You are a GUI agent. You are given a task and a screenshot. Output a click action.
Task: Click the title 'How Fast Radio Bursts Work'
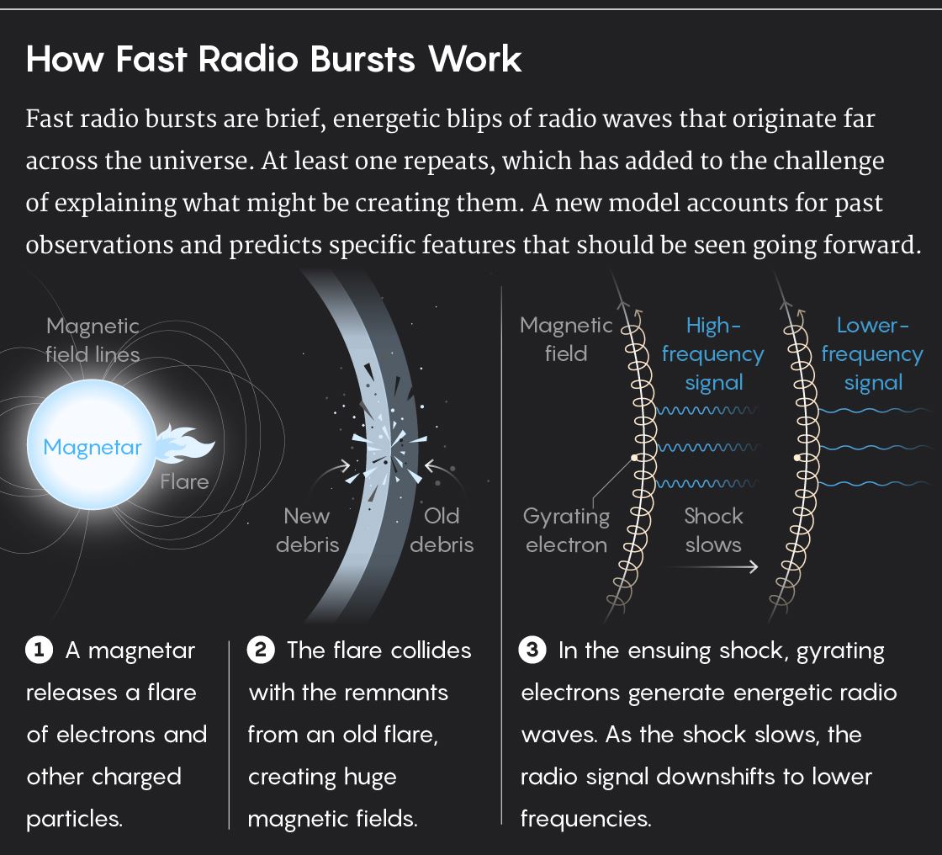[x=274, y=61]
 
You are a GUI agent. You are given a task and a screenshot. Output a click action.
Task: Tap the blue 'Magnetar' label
[x=93, y=447]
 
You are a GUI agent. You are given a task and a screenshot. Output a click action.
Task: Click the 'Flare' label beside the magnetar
[x=184, y=482]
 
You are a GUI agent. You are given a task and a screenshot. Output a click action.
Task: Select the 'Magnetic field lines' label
[x=93, y=340]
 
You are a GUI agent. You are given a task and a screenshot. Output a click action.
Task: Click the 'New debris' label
[x=307, y=530]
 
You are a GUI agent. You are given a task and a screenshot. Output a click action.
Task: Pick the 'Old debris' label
[x=442, y=530]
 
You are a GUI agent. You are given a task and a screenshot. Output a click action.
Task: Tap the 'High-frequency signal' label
[x=713, y=354]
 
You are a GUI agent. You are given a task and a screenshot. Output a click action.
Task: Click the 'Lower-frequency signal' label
[x=872, y=354]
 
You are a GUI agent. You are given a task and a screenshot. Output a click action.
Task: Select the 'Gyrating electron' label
[x=566, y=530]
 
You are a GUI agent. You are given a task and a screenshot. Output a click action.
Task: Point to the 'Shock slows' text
[x=713, y=530]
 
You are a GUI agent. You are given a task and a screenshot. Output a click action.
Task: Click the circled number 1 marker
[x=39, y=651]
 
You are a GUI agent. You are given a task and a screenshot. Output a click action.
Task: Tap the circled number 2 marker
[x=260, y=651]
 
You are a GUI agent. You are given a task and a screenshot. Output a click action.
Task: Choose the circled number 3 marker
[x=532, y=651]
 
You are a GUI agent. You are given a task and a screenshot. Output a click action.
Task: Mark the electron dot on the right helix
[x=796, y=458]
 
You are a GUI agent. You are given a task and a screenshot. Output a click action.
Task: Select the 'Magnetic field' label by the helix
[x=566, y=340]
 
